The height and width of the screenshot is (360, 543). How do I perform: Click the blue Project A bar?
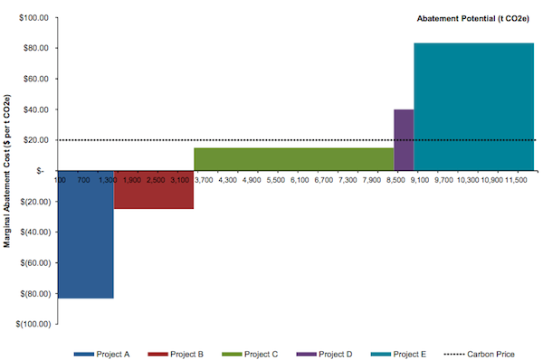[85, 234]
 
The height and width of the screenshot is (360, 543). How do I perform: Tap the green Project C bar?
[293, 158]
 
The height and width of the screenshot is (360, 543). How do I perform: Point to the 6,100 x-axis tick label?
[300, 181]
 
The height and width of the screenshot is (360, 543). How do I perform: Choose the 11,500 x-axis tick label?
[516, 181]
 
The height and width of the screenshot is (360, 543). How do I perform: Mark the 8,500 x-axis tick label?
[395, 181]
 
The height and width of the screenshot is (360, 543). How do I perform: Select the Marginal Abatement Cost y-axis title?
[7, 170]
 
